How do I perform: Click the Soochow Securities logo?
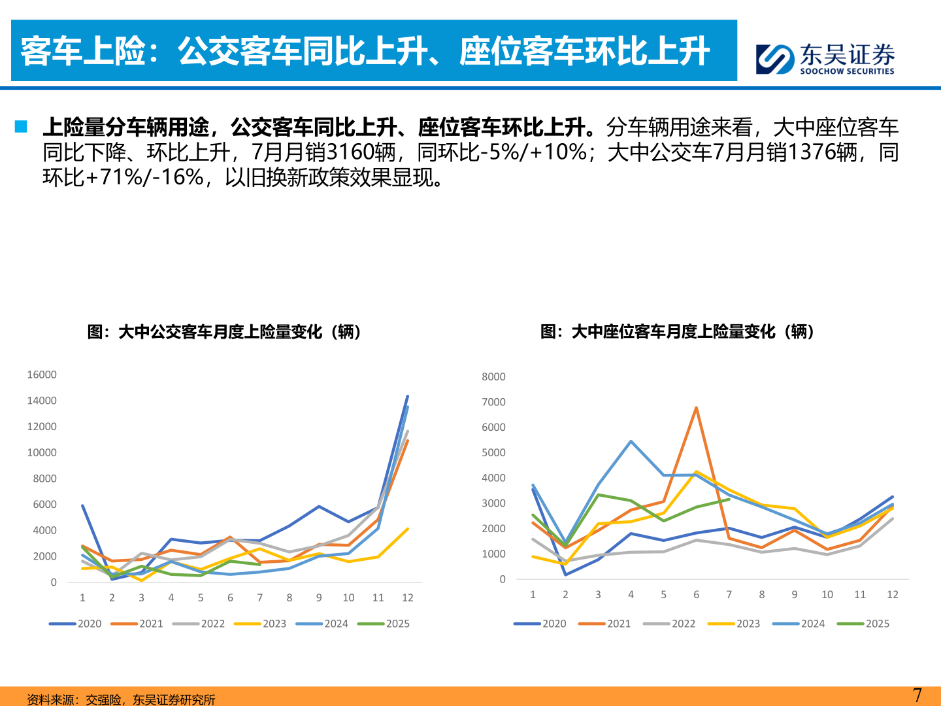tap(825, 59)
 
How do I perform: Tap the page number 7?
tap(917, 695)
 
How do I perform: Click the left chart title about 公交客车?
tap(224, 332)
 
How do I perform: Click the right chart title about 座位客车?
tap(677, 332)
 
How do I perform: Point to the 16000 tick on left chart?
tap(42, 375)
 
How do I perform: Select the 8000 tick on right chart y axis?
tap(493, 377)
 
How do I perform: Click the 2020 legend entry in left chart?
tap(76, 624)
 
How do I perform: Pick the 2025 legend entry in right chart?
tap(864, 624)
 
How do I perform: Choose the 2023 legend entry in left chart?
tap(261, 624)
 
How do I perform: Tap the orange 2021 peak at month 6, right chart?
tap(696, 408)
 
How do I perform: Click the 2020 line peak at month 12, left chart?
tap(408, 396)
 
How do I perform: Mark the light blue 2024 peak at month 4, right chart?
tap(631, 441)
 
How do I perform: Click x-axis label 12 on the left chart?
tap(408, 597)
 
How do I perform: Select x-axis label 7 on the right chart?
tap(729, 595)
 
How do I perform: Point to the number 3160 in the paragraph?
tap(360, 152)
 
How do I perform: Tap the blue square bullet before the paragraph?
tap(21, 126)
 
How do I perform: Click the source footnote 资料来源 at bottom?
tap(121, 699)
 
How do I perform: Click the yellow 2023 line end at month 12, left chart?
tap(408, 529)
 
